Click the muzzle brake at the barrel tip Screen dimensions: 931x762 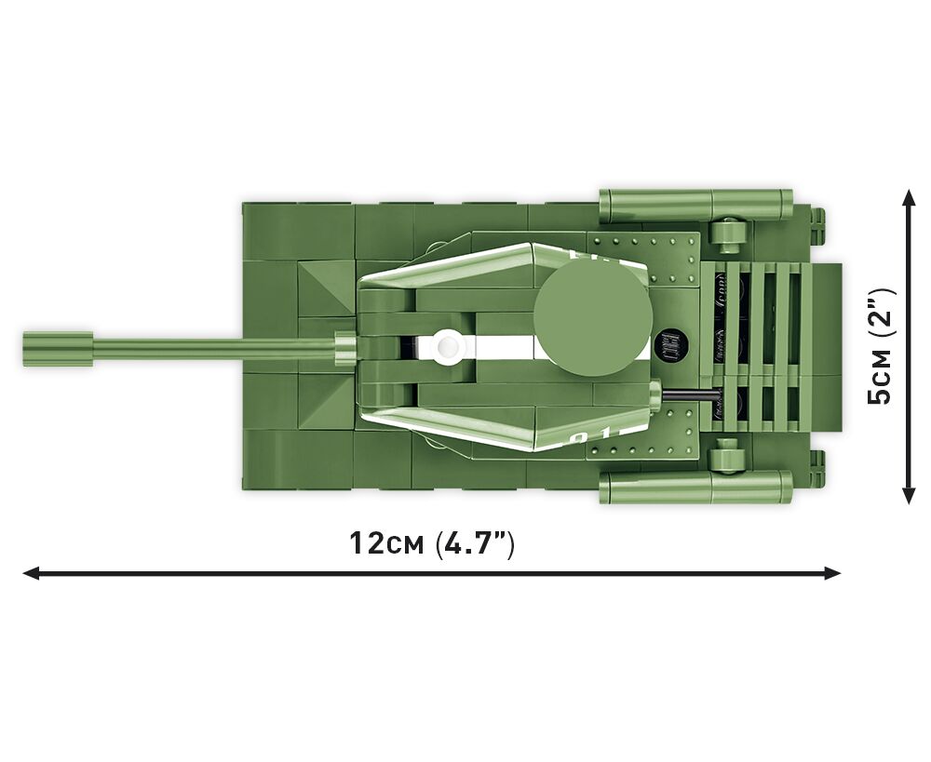coord(58,350)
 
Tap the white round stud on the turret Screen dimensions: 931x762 coord(447,345)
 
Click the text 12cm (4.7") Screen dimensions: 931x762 coord(432,543)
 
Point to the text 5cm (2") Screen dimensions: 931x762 coord(880,346)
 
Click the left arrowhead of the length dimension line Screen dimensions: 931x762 coord(31,573)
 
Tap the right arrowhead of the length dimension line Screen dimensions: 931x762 coord(832,573)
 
